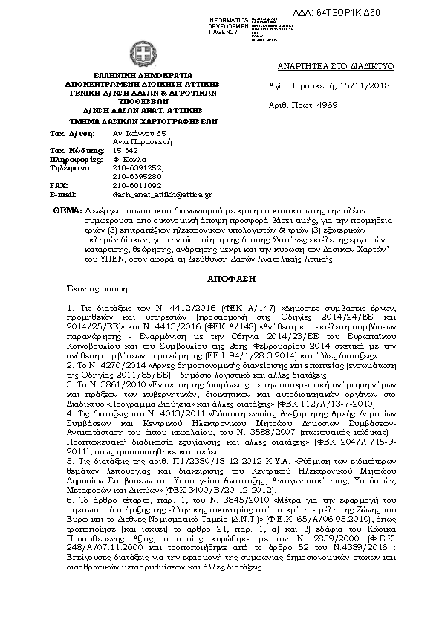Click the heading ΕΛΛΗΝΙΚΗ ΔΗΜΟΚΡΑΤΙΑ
(141, 76)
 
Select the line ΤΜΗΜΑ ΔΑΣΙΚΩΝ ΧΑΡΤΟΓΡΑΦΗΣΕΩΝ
(141, 118)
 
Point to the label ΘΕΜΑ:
(68, 212)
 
